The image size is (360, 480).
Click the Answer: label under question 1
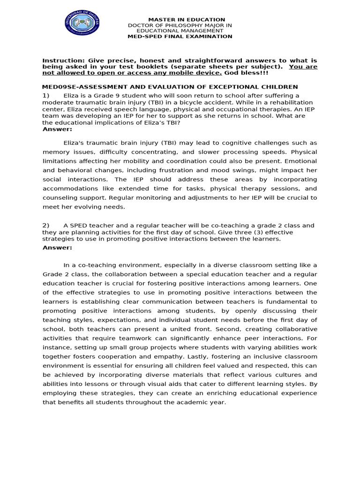tap(58, 129)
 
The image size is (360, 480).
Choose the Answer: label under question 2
tap(58, 247)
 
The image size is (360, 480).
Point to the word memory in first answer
tap(56, 152)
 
